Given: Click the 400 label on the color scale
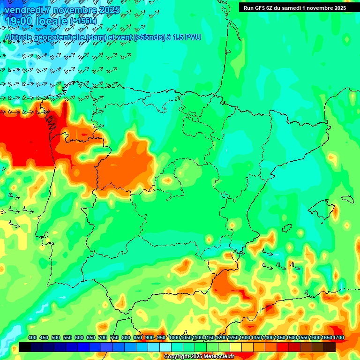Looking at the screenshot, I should tap(32, 337).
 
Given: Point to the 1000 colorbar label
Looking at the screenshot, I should tap(174, 337).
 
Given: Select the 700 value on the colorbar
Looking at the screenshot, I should tap(102, 337).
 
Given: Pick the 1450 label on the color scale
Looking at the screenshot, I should tap(279, 337).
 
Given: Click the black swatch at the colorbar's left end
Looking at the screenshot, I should tap(25, 347).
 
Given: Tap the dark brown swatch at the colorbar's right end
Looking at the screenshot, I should tap(330, 347).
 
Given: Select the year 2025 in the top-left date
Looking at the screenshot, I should tap(109, 10).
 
